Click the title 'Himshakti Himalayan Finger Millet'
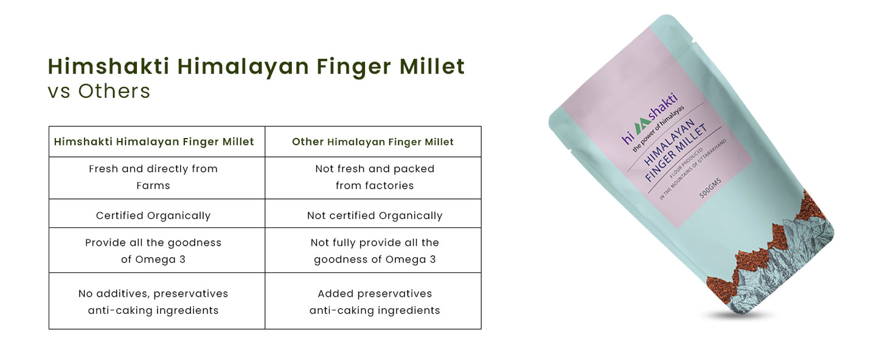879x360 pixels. [256, 66]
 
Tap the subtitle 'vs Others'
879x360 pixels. [99, 91]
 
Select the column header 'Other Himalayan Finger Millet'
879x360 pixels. [373, 142]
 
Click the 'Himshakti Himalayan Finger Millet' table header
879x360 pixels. [154, 142]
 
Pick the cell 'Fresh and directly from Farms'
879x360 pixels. [153, 177]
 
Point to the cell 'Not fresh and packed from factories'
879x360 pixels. [375, 177]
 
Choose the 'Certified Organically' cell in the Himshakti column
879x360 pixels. [153, 215]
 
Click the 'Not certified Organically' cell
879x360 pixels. [375, 215]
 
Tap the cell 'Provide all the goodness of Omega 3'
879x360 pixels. [153, 251]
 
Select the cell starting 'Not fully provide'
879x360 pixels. [375, 251]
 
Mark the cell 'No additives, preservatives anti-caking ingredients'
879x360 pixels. [153, 302]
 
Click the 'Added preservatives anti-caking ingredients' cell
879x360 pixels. [375, 302]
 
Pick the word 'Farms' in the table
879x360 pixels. [153, 185]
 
